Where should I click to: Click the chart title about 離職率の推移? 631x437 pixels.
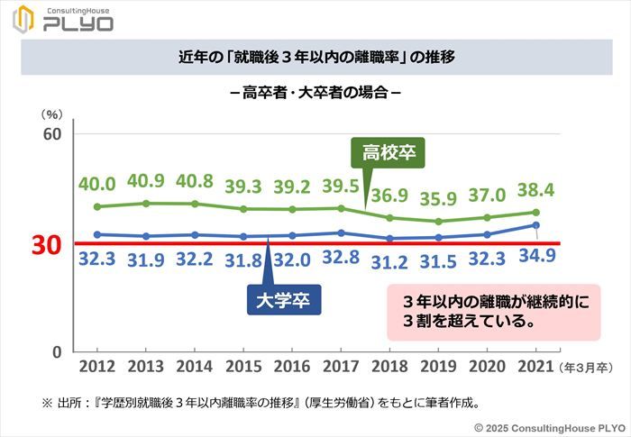(315, 57)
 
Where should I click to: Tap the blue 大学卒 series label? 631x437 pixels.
(284, 300)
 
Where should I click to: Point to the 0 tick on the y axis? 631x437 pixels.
(55, 352)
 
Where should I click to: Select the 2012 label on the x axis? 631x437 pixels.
(97, 367)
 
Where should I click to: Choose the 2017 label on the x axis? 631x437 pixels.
(341, 367)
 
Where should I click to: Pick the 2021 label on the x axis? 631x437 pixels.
(536, 367)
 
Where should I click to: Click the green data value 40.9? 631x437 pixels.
(146, 180)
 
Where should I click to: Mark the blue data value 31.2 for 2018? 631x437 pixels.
(389, 263)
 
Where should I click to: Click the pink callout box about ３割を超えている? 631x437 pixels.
(493, 311)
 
